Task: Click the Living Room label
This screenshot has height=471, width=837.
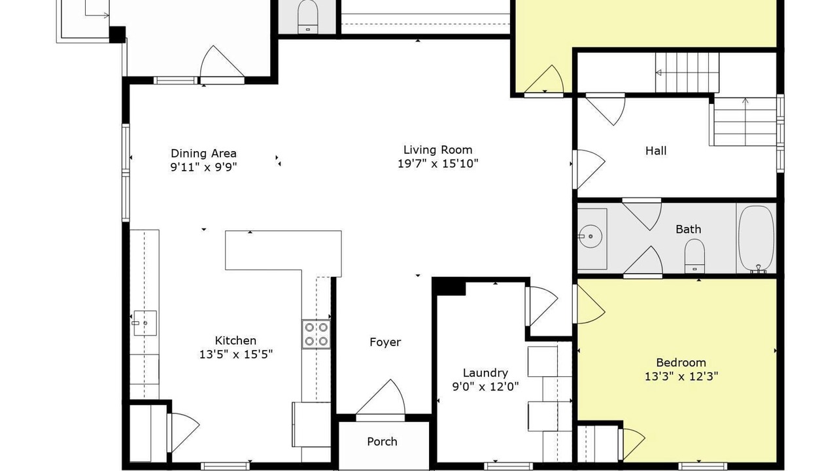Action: pyautogui.click(x=437, y=150)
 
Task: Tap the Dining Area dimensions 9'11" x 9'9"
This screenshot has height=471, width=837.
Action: pyautogui.click(x=203, y=167)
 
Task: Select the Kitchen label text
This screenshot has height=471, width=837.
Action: pyautogui.click(x=235, y=341)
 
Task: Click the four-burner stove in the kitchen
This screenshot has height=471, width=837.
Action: pyautogui.click(x=316, y=334)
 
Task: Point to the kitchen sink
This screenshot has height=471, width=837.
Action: pyautogui.click(x=145, y=323)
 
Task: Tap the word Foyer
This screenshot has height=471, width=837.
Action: pyautogui.click(x=385, y=342)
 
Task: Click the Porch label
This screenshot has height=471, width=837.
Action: pyautogui.click(x=382, y=442)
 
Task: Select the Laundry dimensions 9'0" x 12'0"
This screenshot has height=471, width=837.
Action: pyautogui.click(x=485, y=386)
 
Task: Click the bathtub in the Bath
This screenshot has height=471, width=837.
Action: pyautogui.click(x=757, y=239)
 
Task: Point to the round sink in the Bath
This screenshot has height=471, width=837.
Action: pyautogui.click(x=590, y=236)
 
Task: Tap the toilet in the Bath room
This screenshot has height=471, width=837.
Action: pyautogui.click(x=694, y=256)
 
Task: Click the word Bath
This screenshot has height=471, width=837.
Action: pyautogui.click(x=689, y=229)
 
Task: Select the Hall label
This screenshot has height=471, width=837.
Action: pyautogui.click(x=656, y=150)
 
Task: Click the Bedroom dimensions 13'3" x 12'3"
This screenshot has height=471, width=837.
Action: pyautogui.click(x=681, y=376)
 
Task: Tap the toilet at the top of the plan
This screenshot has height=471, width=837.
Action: pyautogui.click(x=307, y=17)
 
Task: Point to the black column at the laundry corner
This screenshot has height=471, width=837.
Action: pyautogui.click(x=449, y=287)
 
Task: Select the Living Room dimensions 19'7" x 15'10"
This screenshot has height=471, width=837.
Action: pyautogui.click(x=437, y=164)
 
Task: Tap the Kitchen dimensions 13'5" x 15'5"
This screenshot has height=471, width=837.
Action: pyautogui.click(x=236, y=354)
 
